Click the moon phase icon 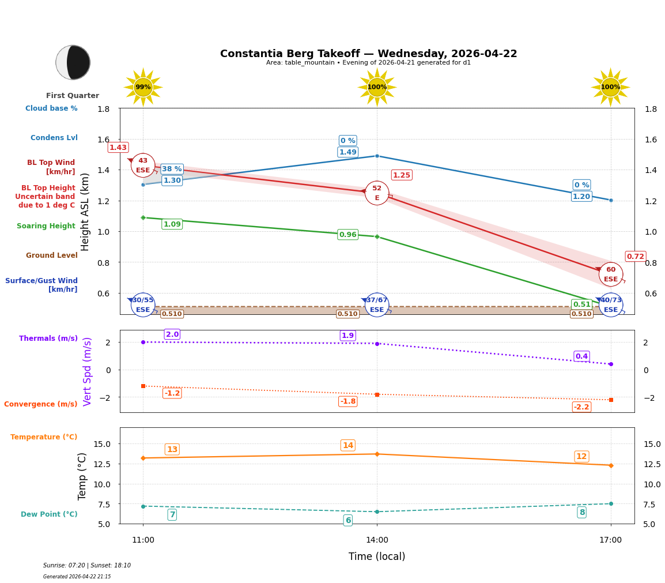coord(73,62)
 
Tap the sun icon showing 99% coord(143,87)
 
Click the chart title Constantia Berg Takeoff coord(368,54)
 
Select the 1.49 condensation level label coord(347,152)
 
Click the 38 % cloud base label coord(172,169)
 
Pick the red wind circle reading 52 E coord(377,193)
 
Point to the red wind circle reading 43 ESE coord(143,166)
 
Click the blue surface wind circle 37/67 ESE coord(377,305)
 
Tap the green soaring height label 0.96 coord(347,235)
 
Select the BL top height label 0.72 coord(635,257)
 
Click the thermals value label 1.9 coord(347,336)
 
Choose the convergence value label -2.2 coord(581,407)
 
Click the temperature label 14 coord(347,445)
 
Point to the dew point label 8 coord(581,512)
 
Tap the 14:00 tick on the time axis coord(377,540)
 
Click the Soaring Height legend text coord(46,226)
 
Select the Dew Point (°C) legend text coord(49,514)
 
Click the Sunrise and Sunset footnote coord(87,566)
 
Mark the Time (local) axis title coord(377,556)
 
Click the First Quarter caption coord(73,96)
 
